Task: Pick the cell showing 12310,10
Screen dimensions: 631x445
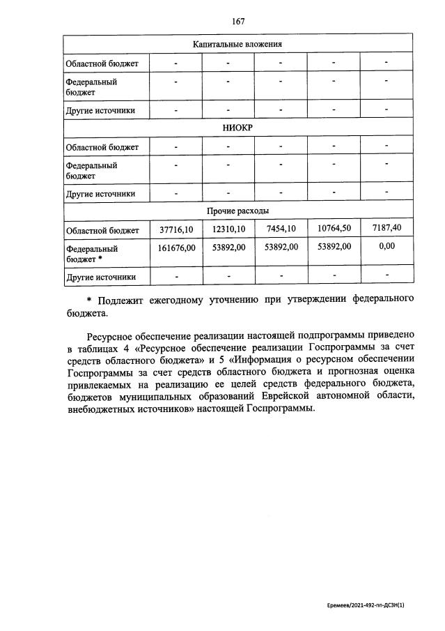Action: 228,229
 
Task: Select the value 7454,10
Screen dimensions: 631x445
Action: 281,229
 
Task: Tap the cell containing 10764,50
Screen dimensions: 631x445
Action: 334,229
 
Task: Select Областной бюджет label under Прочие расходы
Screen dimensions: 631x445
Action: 102,230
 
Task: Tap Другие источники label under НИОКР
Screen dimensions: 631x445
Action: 100,194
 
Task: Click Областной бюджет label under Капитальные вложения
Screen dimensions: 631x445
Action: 102,64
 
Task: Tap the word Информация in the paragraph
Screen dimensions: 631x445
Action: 264,358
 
